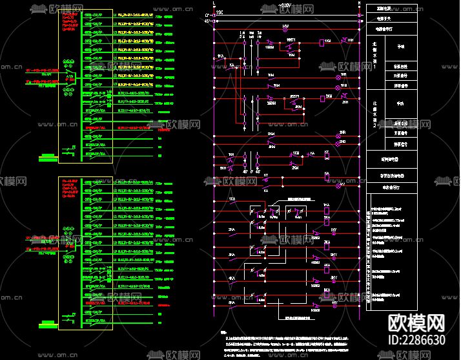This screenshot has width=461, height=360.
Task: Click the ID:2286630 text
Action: (x=416, y=340)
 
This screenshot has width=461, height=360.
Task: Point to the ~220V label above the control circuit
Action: (x=286, y=6)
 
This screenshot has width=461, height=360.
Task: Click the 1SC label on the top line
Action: (x=220, y=12)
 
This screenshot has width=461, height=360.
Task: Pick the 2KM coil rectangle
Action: (x=322, y=99)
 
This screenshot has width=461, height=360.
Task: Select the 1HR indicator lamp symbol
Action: (x=344, y=41)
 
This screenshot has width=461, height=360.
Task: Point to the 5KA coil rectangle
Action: (x=327, y=297)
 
